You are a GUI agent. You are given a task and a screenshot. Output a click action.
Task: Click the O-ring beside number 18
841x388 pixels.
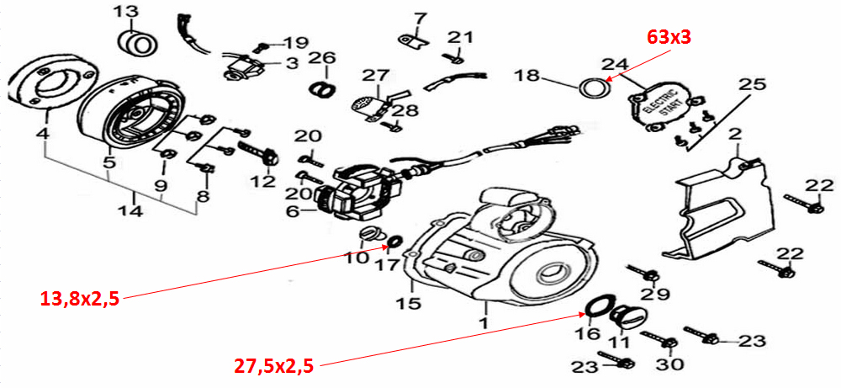click(595, 86)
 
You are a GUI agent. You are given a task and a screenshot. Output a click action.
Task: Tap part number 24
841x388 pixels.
click(615, 64)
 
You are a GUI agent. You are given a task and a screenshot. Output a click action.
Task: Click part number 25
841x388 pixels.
click(753, 84)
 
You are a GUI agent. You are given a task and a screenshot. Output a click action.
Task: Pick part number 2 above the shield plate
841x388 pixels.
click(736, 136)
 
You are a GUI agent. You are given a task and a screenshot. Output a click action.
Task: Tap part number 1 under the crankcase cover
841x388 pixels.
click(484, 322)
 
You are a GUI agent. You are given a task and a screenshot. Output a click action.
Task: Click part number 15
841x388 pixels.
click(409, 302)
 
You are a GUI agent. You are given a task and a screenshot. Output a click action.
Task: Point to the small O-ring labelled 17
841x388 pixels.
click(391, 246)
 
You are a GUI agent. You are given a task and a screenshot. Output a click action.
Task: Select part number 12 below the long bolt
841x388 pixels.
click(262, 181)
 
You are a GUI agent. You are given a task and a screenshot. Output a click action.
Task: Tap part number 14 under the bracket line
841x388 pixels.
click(130, 211)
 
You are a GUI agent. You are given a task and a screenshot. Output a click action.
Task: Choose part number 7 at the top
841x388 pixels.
click(420, 18)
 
